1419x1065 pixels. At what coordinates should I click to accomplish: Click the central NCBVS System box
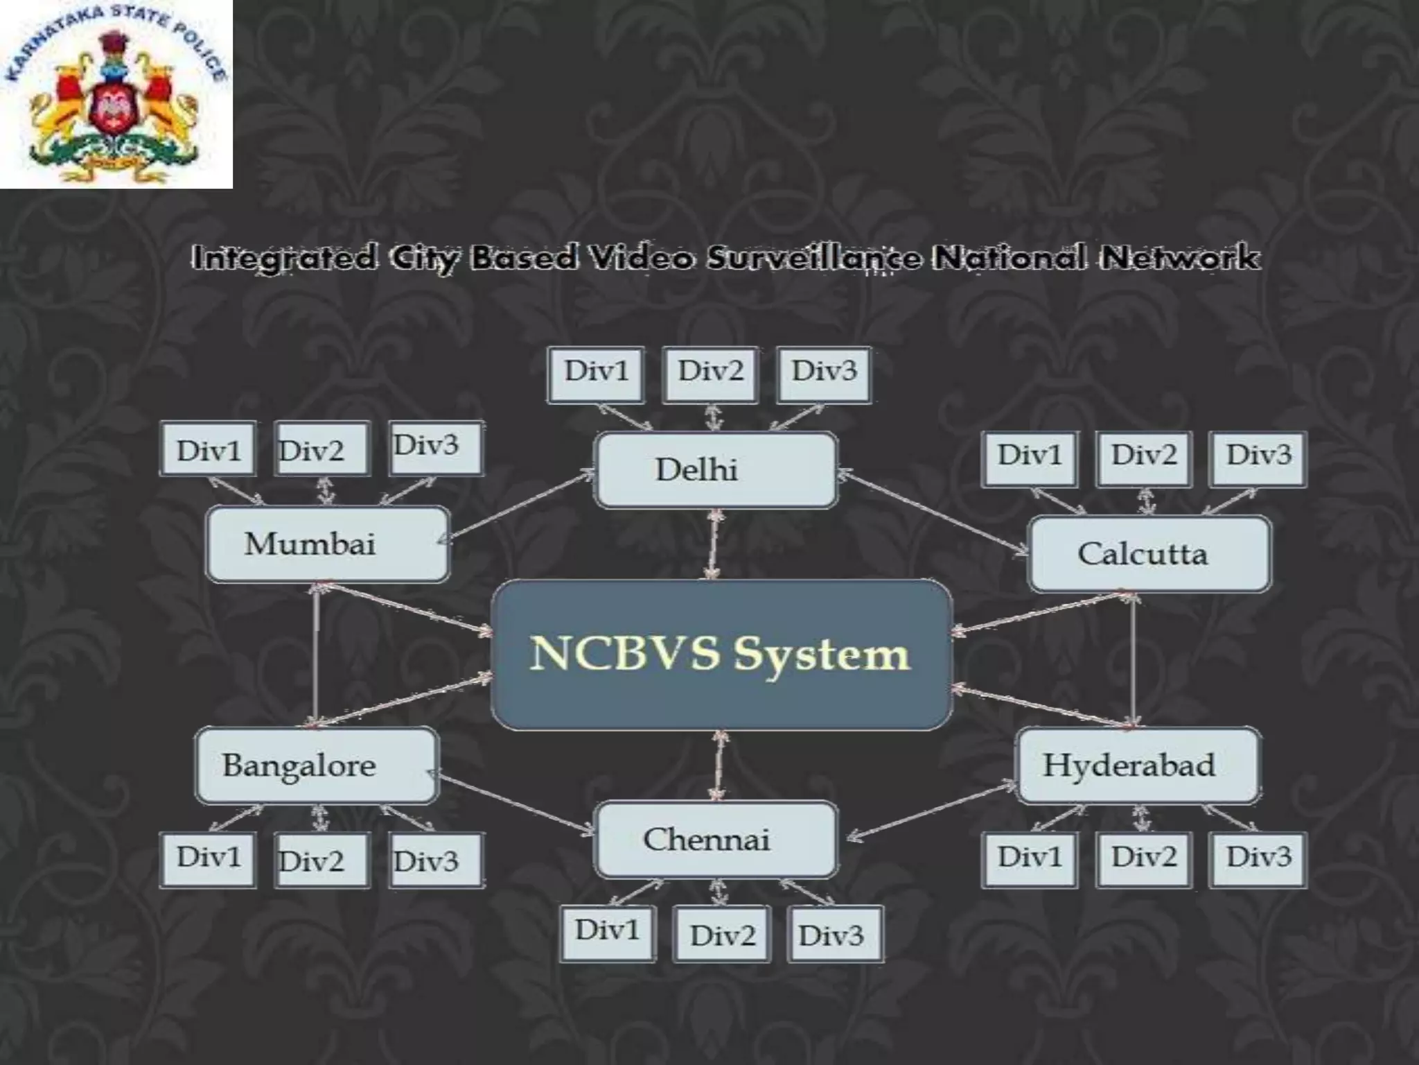[x=721, y=655]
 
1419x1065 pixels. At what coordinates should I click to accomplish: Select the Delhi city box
[x=716, y=470]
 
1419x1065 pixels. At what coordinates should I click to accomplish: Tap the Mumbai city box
[x=328, y=544]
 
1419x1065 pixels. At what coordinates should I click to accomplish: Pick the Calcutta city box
[x=1150, y=554]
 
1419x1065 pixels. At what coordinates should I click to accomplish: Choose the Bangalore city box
[x=317, y=765]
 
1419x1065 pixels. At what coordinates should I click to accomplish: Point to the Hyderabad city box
[x=1137, y=765]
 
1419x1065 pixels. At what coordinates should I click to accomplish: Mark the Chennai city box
[x=716, y=840]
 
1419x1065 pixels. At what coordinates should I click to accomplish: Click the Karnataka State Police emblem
[x=116, y=94]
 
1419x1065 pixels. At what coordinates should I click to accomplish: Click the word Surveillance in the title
[x=814, y=258]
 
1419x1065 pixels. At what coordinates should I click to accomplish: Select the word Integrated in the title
[x=284, y=258]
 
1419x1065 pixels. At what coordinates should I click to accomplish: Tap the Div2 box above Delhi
[x=710, y=374]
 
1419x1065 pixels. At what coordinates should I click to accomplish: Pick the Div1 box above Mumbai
[x=208, y=449]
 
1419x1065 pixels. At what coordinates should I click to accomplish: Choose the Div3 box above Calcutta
[x=1258, y=458]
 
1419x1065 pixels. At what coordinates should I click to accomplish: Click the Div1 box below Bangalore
[x=208, y=860]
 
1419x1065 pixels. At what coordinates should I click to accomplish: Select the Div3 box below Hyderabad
[x=1258, y=860]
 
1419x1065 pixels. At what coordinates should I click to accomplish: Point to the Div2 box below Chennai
[x=722, y=934]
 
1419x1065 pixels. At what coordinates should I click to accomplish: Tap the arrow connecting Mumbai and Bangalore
[x=316, y=655]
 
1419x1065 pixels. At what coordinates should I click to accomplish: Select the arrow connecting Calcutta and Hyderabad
[x=1133, y=659]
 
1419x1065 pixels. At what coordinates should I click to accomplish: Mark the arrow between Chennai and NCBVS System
[x=719, y=766]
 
